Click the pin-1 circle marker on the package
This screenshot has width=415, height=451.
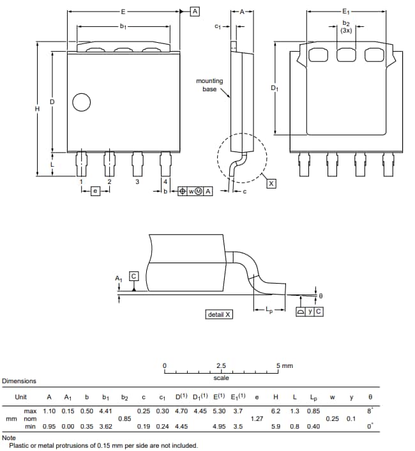click(x=82, y=102)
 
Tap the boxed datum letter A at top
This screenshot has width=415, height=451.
click(x=195, y=11)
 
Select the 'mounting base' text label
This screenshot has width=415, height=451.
click(x=209, y=84)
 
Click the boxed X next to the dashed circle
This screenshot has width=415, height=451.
click(x=271, y=183)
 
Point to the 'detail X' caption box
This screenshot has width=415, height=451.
click(x=220, y=314)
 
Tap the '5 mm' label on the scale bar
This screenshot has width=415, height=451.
click(x=285, y=366)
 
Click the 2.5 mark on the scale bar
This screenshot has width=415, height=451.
click(x=221, y=366)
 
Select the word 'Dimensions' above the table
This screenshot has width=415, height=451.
click(x=19, y=381)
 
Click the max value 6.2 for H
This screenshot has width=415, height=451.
click(x=276, y=411)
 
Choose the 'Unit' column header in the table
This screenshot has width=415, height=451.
click(x=21, y=397)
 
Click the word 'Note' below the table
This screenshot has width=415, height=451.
click(x=9, y=438)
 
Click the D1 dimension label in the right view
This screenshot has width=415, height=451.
click(x=275, y=88)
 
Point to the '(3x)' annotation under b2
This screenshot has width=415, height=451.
click(x=346, y=30)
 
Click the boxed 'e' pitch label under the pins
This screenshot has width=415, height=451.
click(x=96, y=191)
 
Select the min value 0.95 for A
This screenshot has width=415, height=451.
click(x=49, y=426)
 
